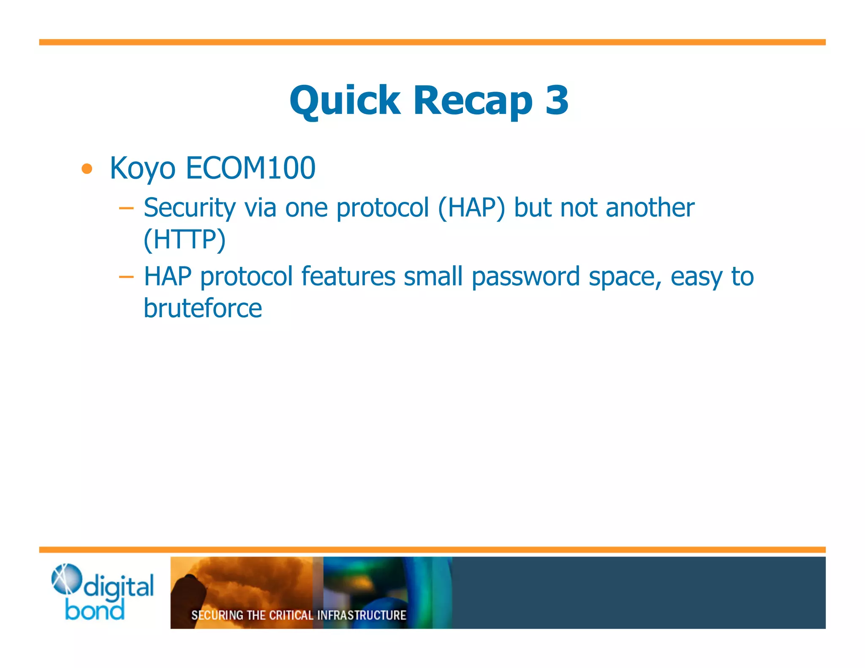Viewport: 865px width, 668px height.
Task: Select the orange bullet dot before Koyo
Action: click(x=87, y=169)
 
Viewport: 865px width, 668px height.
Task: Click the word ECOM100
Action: click(x=250, y=168)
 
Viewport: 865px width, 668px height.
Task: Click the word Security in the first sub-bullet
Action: click(x=189, y=208)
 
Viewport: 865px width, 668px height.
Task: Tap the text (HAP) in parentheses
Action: click(x=471, y=208)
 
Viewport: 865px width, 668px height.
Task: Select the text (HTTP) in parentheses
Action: click(x=185, y=239)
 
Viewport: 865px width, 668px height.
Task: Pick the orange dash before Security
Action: click(x=126, y=208)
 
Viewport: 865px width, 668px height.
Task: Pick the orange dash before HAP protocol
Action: click(x=126, y=277)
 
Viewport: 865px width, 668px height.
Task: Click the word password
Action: click(x=525, y=277)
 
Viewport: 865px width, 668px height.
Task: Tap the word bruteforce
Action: click(x=203, y=308)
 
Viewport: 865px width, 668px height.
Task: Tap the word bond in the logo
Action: click(x=95, y=611)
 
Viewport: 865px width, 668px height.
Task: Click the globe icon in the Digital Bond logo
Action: click(x=66, y=579)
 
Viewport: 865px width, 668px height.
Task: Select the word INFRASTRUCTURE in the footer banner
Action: click(x=362, y=615)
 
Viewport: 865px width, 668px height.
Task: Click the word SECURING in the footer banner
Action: click(x=218, y=615)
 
